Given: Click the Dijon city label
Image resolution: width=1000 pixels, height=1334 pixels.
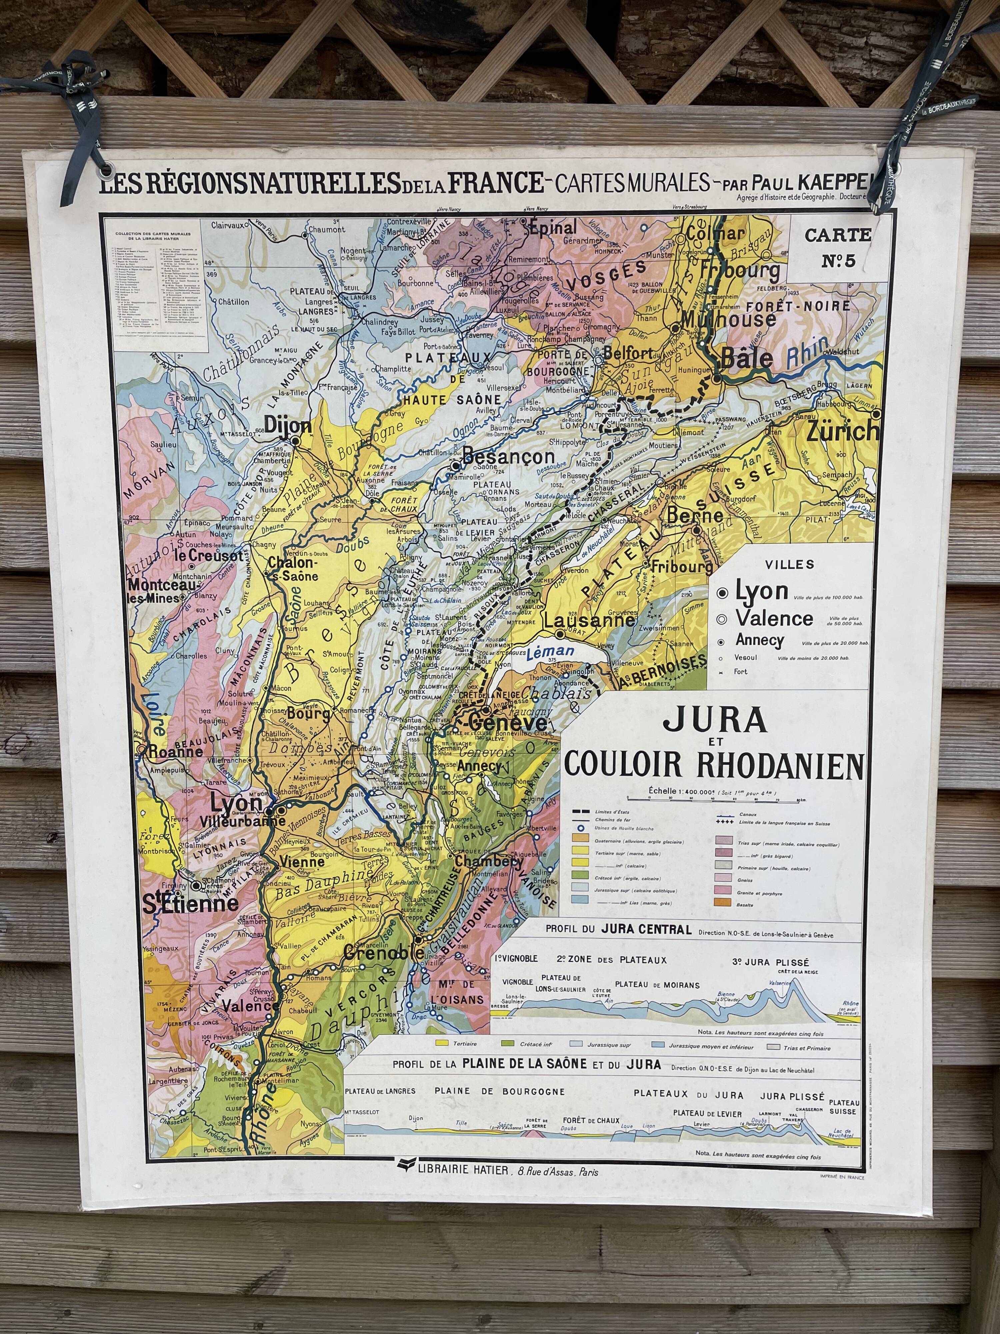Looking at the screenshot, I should (x=288, y=426).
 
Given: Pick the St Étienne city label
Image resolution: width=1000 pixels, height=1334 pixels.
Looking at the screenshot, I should (x=190, y=903).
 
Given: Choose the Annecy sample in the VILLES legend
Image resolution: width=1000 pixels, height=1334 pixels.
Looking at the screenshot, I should (x=759, y=640).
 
